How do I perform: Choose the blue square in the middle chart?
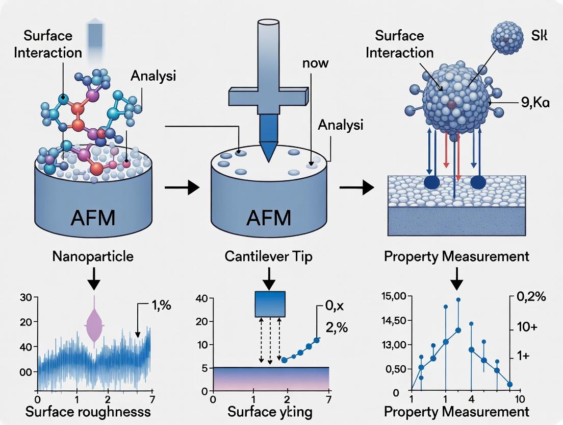click(270, 303)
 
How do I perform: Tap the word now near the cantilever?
click(315, 64)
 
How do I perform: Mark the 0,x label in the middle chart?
click(334, 307)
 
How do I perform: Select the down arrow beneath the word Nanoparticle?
click(94, 275)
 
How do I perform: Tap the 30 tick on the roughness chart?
click(25, 297)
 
